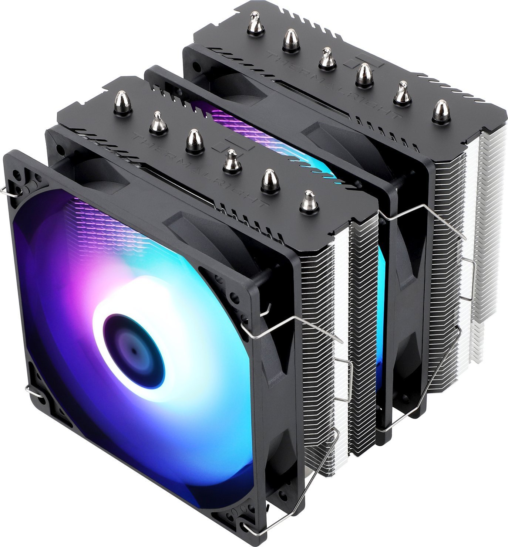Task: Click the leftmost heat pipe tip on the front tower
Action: click(x=123, y=103)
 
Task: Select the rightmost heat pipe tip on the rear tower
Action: click(x=441, y=111)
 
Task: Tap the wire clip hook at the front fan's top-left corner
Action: click(x=8, y=191)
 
